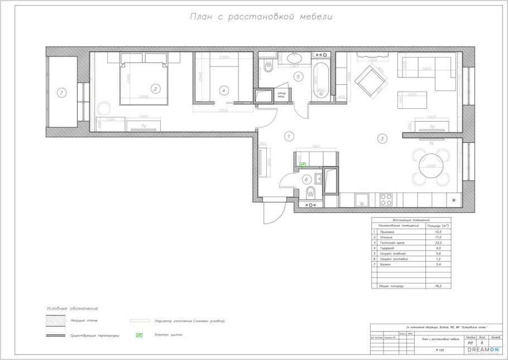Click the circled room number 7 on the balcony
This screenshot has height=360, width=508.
(62, 92)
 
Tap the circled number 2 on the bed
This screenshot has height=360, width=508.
(156, 88)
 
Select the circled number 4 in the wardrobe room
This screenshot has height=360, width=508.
(223, 90)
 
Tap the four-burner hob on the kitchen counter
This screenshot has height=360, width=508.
(386, 199)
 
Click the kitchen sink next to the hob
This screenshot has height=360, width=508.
(361, 199)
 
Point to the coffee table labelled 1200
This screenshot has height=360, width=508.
(412, 101)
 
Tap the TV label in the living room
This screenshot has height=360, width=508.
(431, 128)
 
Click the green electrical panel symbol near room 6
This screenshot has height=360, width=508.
(303, 165)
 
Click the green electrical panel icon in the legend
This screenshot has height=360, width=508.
(139, 335)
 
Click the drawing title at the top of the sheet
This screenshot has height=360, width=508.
(262, 16)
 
